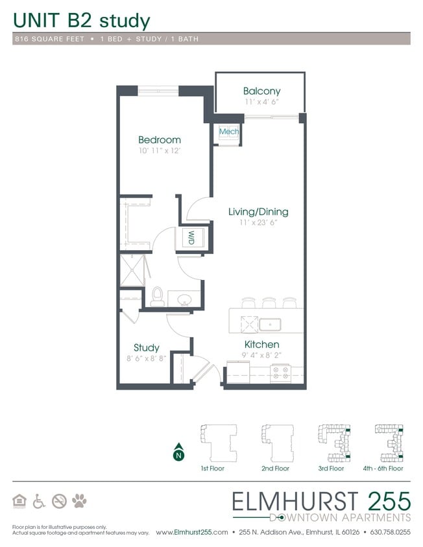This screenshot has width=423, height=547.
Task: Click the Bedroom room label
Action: pyautogui.click(x=159, y=140)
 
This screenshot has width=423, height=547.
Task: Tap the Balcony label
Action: pyautogui.click(x=261, y=91)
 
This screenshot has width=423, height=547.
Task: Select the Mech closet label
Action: pyautogui.click(x=228, y=132)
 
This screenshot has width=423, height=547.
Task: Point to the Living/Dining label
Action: pyautogui.click(x=258, y=212)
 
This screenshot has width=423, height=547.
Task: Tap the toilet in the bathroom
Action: pyautogui.click(x=156, y=297)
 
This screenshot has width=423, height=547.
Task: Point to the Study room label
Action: pyautogui.click(x=147, y=348)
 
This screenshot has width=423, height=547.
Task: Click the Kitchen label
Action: pyautogui.click(x=261, y=344)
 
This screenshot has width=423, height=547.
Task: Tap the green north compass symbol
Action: pyautogui.click(x=178, y=454)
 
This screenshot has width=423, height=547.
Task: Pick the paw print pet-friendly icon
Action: pyautogui.click(x=80, y=500)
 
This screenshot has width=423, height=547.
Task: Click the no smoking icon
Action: pyautogui.click(x=60, y=500)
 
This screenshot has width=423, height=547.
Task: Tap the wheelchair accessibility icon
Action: pyautogui.click(x=39, y=500)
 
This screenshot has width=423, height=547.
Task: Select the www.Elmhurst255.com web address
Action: pyautogui.click(x=191, y=532)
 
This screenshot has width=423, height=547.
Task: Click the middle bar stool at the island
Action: pyautogui.click(x=269, y=303)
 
